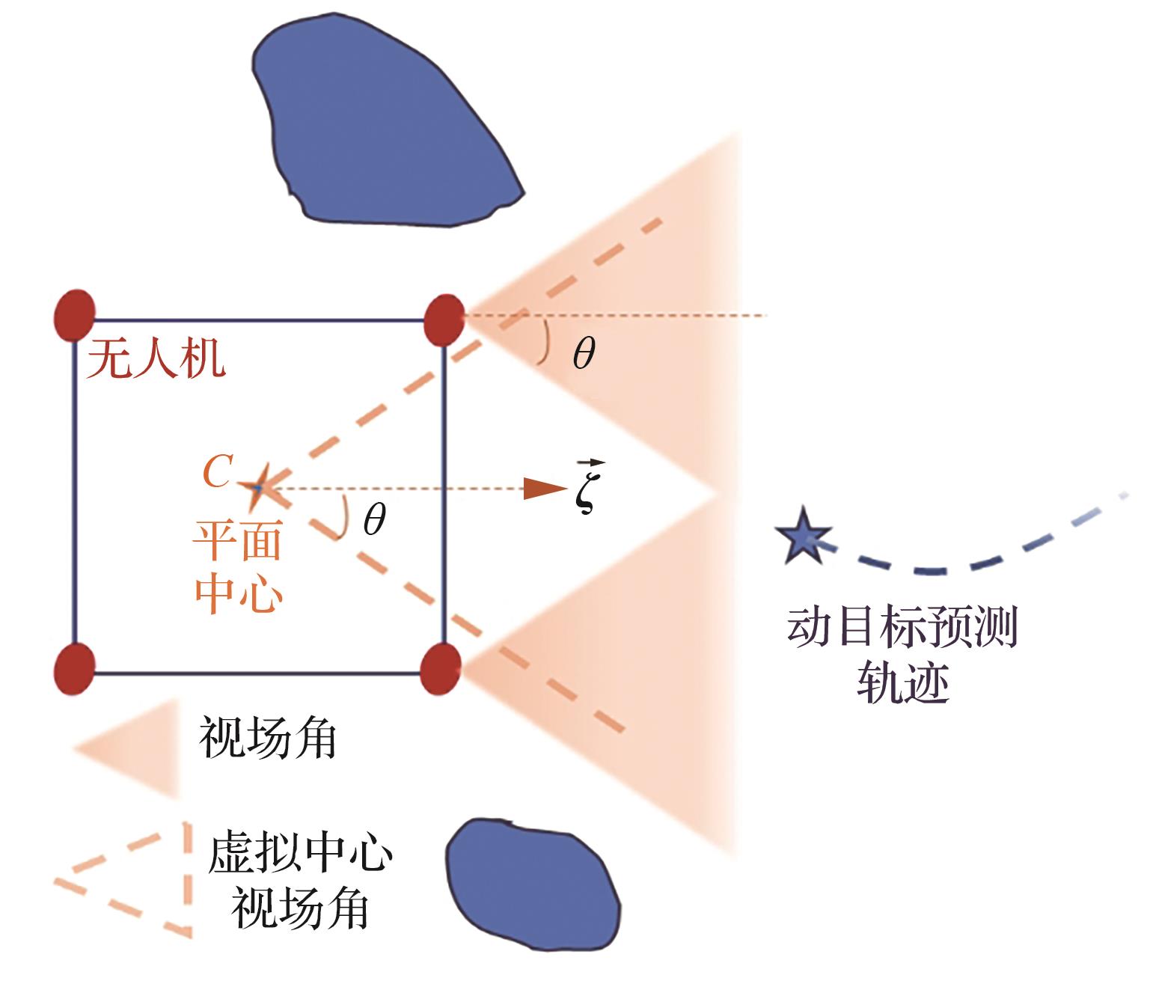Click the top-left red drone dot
click(75, 315)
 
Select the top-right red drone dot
click(444, 320)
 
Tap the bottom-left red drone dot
click(75, 668)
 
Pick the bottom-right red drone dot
click(441, 668)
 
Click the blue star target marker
click(803, 536)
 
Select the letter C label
click(218, 471)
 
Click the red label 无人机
click(156, 358)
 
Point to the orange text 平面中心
click(238, 566)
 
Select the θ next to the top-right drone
click(584, 352)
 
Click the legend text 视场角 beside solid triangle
click(267, 738)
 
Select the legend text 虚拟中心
click(299, 852)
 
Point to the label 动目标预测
click(902, 627)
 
